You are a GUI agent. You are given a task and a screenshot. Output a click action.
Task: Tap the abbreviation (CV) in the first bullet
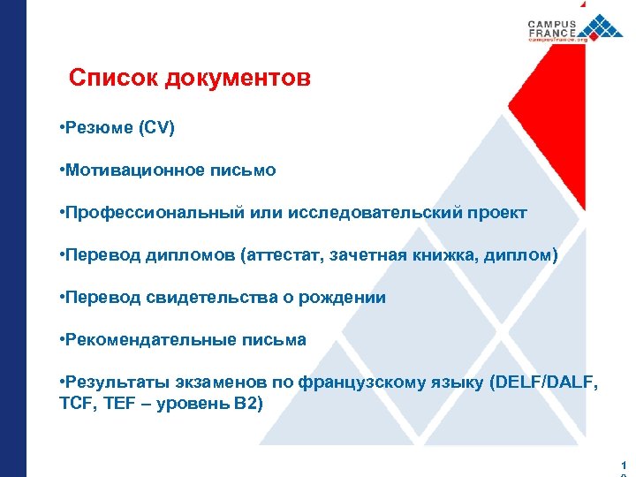coord(156,128)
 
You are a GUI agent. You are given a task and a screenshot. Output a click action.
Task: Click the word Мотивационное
coord(129,170)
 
